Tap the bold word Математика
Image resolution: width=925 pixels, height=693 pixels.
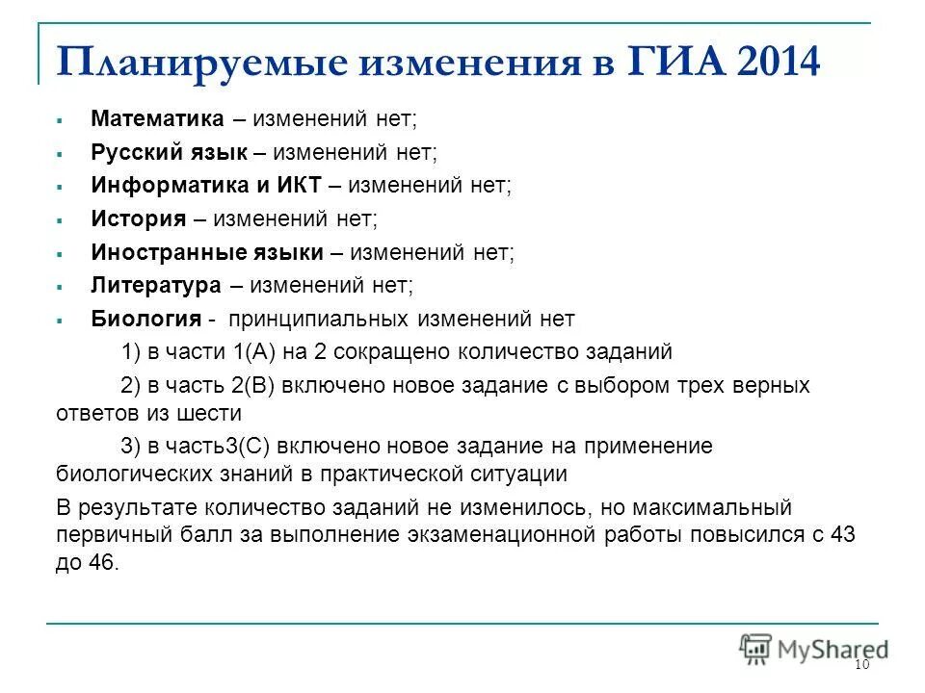157,118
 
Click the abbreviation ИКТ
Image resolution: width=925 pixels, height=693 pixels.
304,185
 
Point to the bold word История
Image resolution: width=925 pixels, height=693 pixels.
138,218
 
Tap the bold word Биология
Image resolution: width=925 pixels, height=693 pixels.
140,319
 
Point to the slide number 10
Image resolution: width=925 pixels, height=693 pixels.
861,667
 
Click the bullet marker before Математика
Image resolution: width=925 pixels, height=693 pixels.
59,119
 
